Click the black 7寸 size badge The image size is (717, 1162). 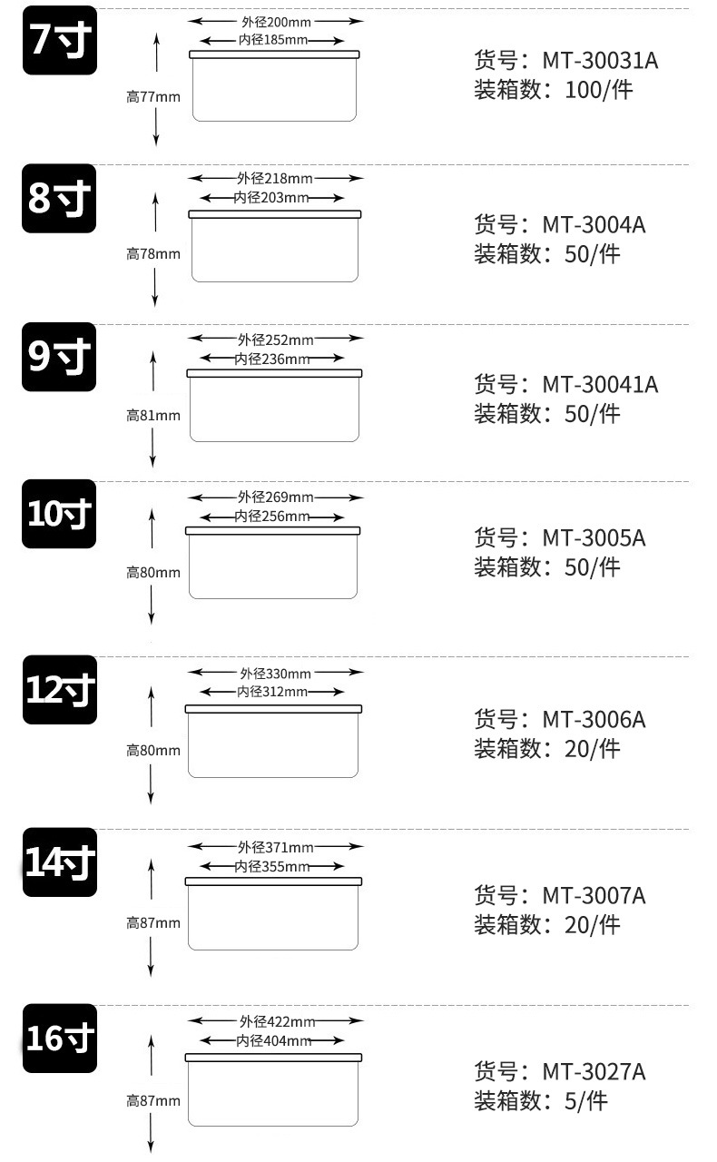[59, 39]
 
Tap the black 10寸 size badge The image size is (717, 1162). [59, 514]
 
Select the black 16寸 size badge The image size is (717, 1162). [59, 1039]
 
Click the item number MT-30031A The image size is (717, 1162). [600, 61]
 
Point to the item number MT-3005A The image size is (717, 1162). [594, 537]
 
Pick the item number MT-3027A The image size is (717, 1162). [594, 1071]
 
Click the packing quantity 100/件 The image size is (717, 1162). [599, 90]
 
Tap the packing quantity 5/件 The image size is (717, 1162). [585, 1101]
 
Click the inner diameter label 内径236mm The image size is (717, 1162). [271, 359]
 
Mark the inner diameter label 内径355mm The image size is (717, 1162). [271, 867]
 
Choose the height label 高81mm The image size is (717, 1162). [152, 416]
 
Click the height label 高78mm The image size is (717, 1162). [152, 254]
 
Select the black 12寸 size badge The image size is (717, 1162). [59, 690]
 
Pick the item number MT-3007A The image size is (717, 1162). [594, 896]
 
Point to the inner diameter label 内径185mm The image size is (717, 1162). [272, 41]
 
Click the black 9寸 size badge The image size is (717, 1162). [59, 358]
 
